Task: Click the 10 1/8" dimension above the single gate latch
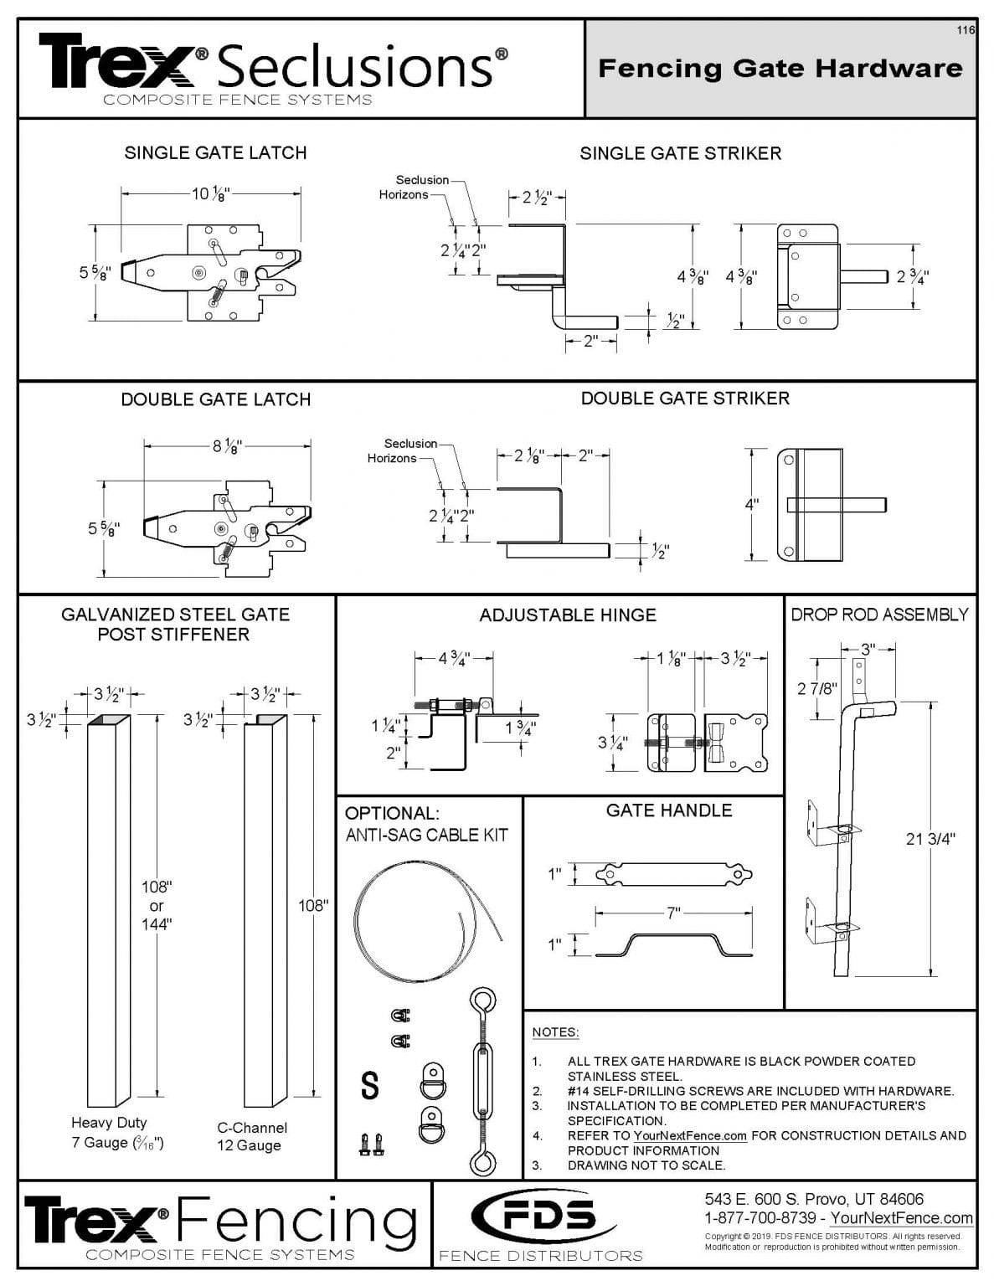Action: [209, 194]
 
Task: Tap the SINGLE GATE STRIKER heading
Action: [680, 153]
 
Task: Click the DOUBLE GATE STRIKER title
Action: [685, 399]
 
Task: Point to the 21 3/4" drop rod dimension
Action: [930, 839]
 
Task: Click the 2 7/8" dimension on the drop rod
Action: [817, 688]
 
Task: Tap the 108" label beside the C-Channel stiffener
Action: [313, 905]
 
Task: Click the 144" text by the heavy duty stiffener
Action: [157, 923]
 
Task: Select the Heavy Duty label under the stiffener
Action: [109, 1123]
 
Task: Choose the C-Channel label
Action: [252, 1128]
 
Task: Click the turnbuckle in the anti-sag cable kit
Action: [482, 1083]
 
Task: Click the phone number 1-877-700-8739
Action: [760, 1218]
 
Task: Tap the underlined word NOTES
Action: [555, 1032]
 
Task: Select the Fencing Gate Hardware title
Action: [780, 68]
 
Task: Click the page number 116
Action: [966, 30]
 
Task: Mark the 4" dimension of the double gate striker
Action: [752, 504]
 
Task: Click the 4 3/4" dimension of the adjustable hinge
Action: [453, 658]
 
